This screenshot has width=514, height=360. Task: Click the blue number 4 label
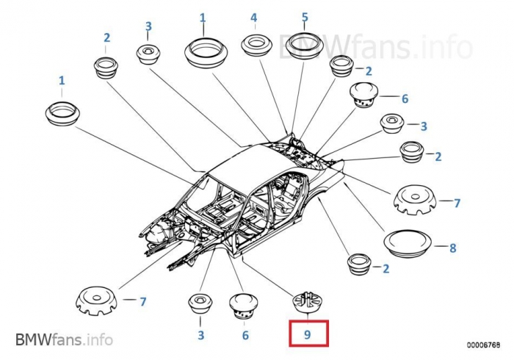tap(254, 18)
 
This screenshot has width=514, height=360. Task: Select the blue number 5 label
tap(305, 17)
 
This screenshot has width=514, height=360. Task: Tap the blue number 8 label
tap(453, 248)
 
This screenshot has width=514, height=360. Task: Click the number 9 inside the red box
tap(307, 334)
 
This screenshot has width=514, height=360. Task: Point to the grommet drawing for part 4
tap(257, 45)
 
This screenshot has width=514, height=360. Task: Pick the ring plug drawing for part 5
tap(305, 46)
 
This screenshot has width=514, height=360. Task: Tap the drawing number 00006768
tap(483, 345)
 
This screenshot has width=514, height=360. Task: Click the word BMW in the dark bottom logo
tap(33, 339)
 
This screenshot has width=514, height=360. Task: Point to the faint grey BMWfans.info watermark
tap(375, 46)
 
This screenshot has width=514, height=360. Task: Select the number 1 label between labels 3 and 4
tap(203, 18)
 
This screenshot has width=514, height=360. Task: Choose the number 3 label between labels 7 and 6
tap(201, 335)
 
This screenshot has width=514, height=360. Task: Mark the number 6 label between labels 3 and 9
tap(245, 335)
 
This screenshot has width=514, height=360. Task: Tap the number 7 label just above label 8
tap(457, 204)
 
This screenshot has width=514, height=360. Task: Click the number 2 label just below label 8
tap(385, 269)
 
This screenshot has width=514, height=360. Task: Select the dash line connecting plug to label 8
tap(439, 245)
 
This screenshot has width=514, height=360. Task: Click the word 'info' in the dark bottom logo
tap(99, 339)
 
